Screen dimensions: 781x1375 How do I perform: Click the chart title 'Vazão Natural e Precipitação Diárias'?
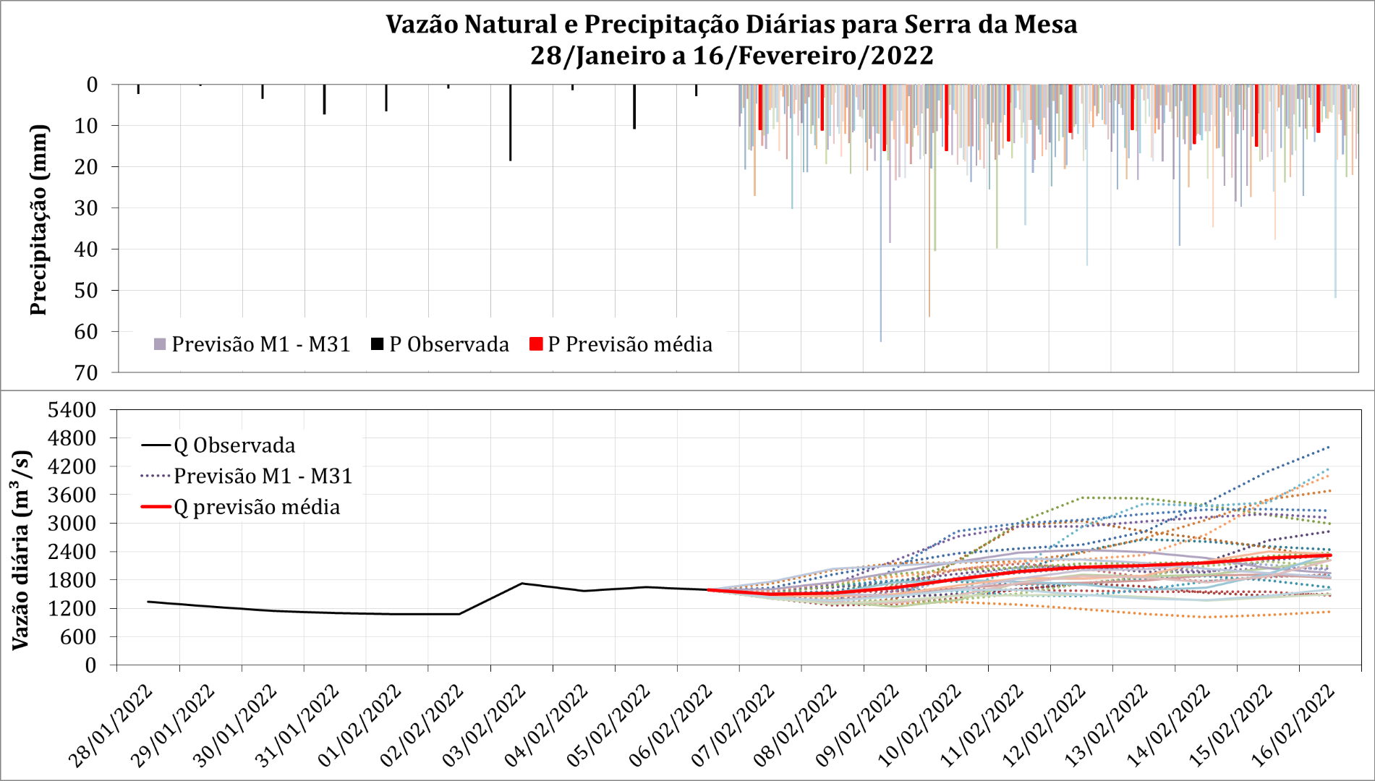point(731,25)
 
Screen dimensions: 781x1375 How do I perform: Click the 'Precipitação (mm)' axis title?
point(38,220)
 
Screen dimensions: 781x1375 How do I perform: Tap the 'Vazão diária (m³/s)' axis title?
point(21,550)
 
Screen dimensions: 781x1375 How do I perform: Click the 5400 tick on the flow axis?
point(72,410)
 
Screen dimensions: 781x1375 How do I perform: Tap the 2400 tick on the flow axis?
point(72,552)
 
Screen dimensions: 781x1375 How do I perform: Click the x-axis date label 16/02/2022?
point(1293,725)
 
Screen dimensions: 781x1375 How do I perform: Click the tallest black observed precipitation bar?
point(510,122)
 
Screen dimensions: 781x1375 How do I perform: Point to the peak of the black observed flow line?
point(522,584)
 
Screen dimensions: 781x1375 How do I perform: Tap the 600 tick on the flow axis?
point(80,637)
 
